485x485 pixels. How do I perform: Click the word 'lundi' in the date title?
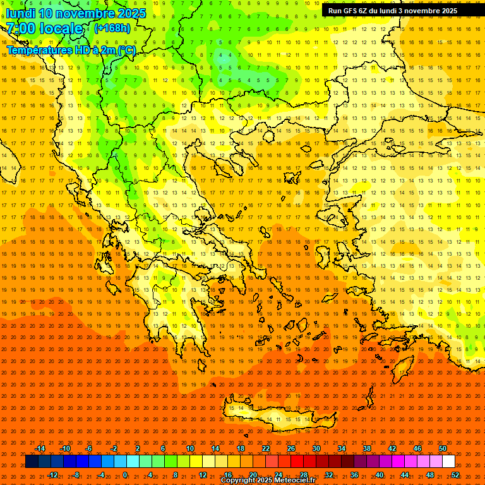click(x=21, y=13)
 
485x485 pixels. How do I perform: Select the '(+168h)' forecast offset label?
click(x=112, y=28)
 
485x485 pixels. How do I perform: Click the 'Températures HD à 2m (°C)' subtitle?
click(x=71, y=49)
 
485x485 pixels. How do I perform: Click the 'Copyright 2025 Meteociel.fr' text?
click(x=268, y=481)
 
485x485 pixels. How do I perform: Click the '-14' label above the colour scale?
click(x=40, y=448)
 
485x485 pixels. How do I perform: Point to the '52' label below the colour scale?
click(x=455, y=475)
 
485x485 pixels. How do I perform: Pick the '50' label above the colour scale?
click(x=443, y=448)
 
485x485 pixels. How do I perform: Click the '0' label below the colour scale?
click(x=125, y=475)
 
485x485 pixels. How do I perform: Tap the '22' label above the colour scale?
click(x=266, y=448)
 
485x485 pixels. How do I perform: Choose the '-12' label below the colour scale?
click(x=52, y=475)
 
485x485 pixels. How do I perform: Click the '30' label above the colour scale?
click(x=316, y=448)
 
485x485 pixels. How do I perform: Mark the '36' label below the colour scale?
click(x=354, y=475)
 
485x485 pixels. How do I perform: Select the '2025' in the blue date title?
click(x=131, y=13)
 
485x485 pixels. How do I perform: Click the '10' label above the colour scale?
click(x=190, y=448)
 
